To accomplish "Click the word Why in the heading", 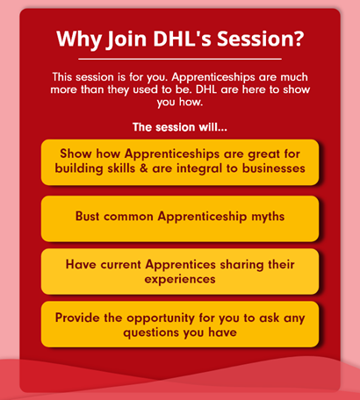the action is click(79, 39).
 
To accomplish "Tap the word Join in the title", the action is click(126, 39).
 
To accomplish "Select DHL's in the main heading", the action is click(182, 39).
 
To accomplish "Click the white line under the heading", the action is click(180, 59).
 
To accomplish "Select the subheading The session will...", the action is click(180, 127).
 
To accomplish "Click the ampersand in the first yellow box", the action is click(144, 168).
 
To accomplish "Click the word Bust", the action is click(87, 217).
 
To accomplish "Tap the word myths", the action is click(268, 217).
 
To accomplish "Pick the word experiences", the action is click(180, 280).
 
